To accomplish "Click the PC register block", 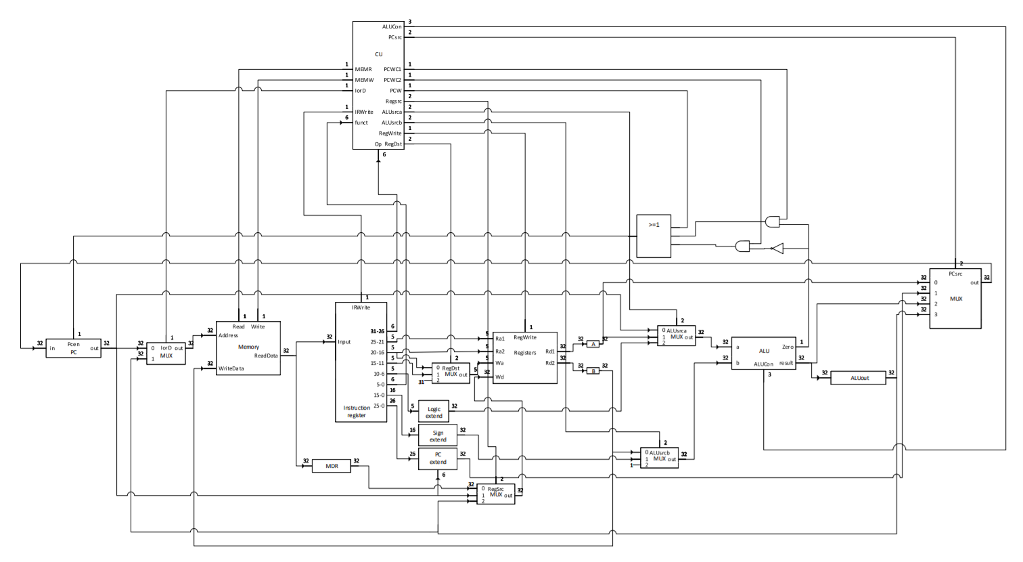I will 73,348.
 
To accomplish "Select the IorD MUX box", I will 166,353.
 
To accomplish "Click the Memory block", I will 248,348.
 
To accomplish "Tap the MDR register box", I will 331,466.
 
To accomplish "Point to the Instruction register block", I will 361,362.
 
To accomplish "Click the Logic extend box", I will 434,412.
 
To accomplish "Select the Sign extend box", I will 438,435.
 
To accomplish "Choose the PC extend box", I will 438,458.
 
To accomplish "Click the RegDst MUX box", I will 451,374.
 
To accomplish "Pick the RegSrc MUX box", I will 500,494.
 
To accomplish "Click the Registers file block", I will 525,358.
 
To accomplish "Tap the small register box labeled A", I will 593,344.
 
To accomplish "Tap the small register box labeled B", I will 593,370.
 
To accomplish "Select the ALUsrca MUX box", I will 676,336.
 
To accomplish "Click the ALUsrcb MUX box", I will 659,458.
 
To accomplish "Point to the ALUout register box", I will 858,378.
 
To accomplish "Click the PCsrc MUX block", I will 955,299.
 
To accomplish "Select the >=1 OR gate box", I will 654,236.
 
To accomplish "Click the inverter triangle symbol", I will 777,248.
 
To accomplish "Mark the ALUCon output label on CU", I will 392,27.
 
